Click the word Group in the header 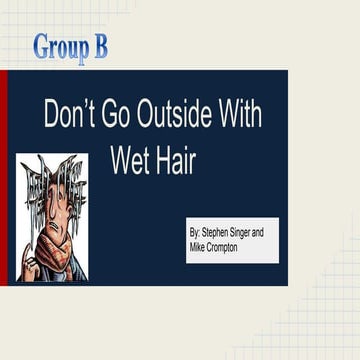tap(57, 47)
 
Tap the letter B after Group tap(100, 47)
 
